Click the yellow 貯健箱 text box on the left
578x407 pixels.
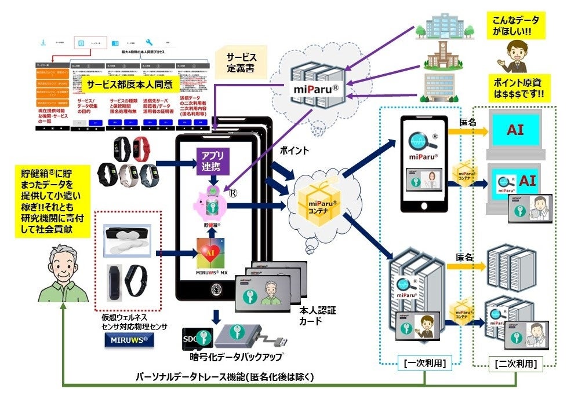pyautogui.click(x=51, y=201)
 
